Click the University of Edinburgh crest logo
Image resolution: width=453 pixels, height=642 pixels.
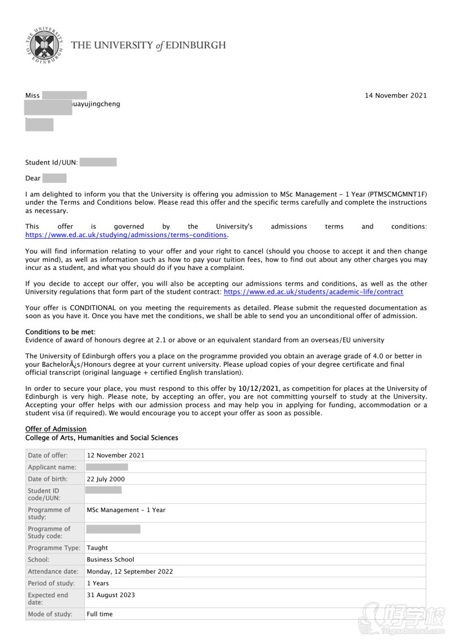click(44, 44)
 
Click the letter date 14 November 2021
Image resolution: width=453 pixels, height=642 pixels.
click(395, 95)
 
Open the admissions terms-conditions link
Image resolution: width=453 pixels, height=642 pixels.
click(126, 235)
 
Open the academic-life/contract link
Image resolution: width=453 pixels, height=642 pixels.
click(313, 292)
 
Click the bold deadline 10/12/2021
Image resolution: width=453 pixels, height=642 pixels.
click(258, 388)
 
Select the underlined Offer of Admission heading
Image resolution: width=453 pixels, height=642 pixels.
click(55, 429)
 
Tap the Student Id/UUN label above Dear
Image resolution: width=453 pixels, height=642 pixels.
click(52, 163)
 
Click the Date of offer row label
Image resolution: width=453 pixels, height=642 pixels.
click(48, 455)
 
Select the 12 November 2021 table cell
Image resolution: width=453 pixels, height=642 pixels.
click(116, 455)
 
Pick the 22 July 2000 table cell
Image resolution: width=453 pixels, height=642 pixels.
click(106, 479)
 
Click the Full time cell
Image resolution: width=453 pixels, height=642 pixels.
click(100, 614)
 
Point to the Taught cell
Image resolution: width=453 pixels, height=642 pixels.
click(97, 548)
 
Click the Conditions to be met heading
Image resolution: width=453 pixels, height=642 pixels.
click(60, 332)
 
